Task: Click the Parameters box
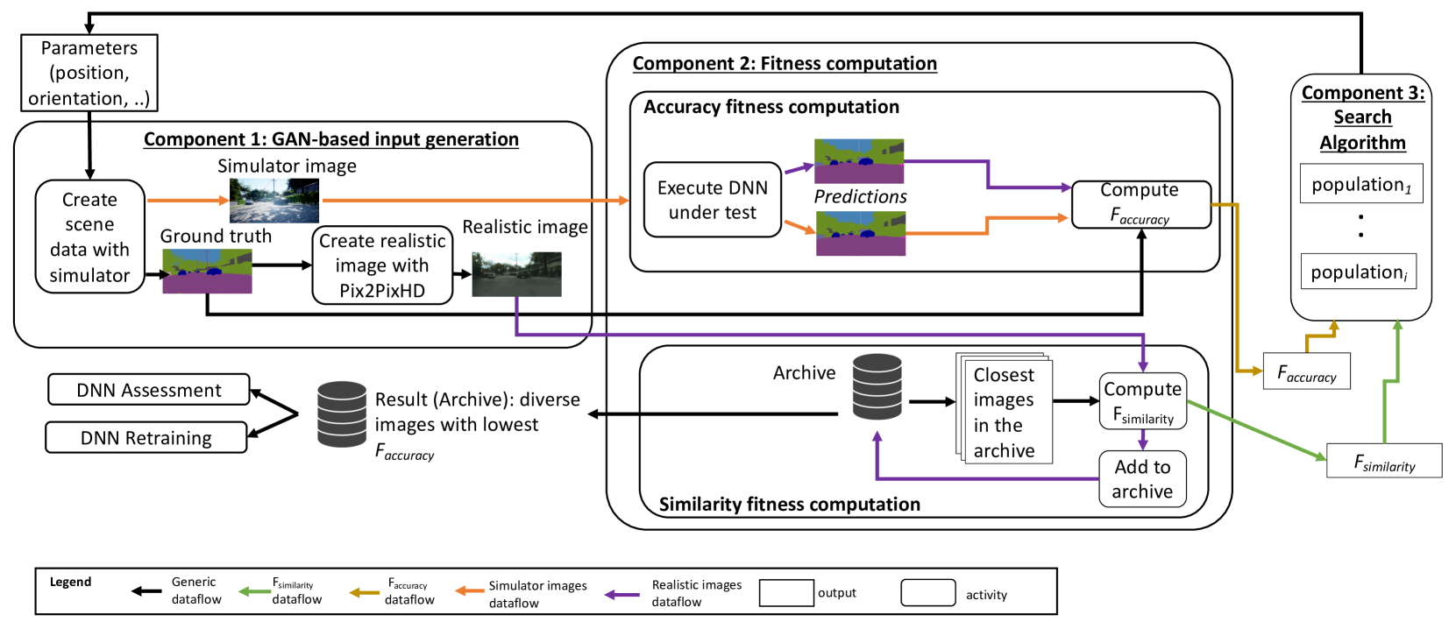click(89, 73)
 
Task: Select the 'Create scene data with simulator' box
click(89, 237)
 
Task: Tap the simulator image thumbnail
click(273, 201)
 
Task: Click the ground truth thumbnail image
click(207, 271)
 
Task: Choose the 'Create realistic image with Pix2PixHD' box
click(382, 265)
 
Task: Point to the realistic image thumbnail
click(516, 274)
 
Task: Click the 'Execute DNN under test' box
click(712, 200)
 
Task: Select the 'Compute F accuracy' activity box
click(1140, 204)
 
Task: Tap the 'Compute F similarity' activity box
click(1142, 402)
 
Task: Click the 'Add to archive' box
click(1142, 479)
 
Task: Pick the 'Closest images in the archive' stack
click(1004, 409)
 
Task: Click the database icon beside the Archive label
click(877, 386)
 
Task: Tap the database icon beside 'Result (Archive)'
click(342, 414)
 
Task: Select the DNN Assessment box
click(149, 390)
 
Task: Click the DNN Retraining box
click(146, 437)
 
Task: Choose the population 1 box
click(1360, 184)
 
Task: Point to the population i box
click(1358, 272)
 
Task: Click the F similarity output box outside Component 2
click(1384, 461)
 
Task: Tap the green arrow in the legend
click(254, 591)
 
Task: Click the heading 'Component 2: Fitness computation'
click(785, 63)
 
